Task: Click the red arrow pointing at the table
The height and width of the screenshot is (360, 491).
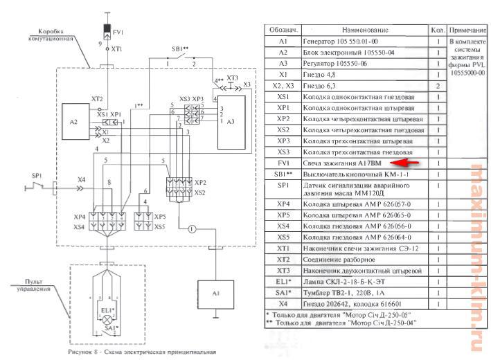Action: (418, 163)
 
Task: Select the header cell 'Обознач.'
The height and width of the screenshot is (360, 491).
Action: (283, 31)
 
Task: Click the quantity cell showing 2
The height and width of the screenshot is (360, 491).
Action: (438, 86)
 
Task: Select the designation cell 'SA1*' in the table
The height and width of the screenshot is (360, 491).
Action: (283, 293)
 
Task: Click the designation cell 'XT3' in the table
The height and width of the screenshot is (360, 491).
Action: (283, 270)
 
